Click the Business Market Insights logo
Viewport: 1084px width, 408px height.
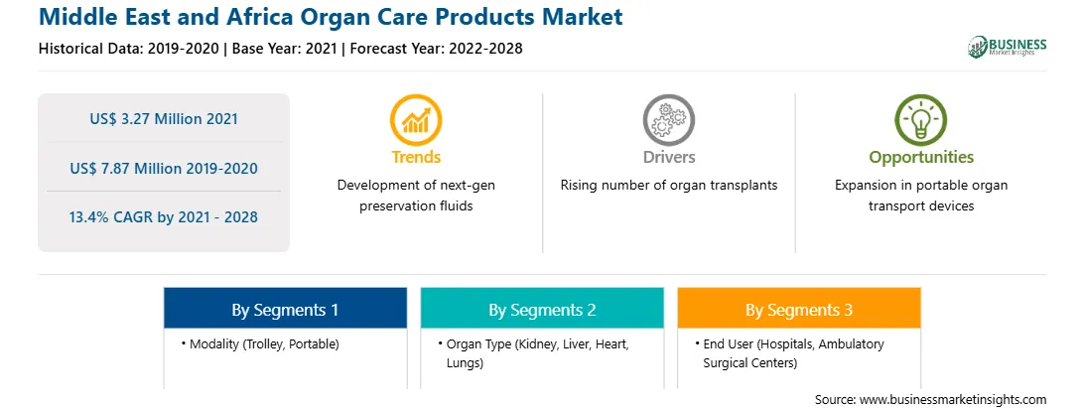(x=1007, y=47)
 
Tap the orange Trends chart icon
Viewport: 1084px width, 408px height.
(x=416, y=120)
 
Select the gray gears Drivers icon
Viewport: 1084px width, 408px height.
(x=668, y=120)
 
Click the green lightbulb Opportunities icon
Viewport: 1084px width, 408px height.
(x=921, y=120)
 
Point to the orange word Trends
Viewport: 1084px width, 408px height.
(x=416, y=157)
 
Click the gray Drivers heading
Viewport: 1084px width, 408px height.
(x=668, y=157)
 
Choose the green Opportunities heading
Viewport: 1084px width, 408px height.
(x=921, y=158)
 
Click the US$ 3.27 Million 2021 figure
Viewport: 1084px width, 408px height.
(x=164, y=119)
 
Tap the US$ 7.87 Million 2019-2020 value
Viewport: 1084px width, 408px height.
(x=164, y=168)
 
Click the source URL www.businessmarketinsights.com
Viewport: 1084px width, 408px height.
(x=953, y=400)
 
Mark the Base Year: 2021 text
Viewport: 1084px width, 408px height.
(x=284, y=49)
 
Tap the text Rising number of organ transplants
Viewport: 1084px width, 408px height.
(x=668, y=186)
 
